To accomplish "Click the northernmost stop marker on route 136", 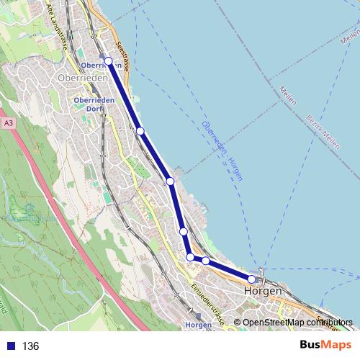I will coord(109,61).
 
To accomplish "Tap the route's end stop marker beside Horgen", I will coord(252,279).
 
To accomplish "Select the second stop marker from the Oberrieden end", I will coord(140,130).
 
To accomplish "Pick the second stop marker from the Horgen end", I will coord(206,261).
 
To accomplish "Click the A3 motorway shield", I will coord(8,124).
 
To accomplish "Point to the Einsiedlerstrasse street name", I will coord(207,303).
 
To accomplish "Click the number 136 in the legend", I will coord(30,346).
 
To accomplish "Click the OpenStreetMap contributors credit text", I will coord(297,323).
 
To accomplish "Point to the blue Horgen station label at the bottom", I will coord(198,325).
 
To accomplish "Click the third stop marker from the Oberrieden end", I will coord(171,181).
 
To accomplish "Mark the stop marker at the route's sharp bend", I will coord(190,257).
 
